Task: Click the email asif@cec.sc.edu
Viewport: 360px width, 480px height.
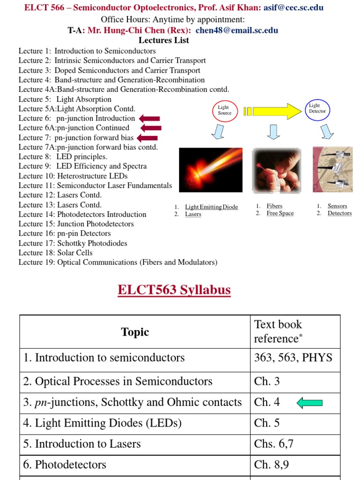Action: (x=293, y=7)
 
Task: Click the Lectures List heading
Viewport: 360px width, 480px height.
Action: (x=164, y=40)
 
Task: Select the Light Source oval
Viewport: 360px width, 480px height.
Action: (x=225, y=110)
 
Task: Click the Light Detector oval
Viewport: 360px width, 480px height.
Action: (x=317, y=109)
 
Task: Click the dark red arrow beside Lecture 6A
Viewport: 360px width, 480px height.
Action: (x=150, y=128)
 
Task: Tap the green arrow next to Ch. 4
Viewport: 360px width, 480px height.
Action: (x=310, y=403)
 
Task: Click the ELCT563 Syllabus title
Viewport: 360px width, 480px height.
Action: (x=174, y=290)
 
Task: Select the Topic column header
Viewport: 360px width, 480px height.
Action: (x=135, y=332)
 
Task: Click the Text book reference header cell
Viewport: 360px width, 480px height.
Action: (x=295, y=331)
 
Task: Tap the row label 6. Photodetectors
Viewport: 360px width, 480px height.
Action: (x=65, y=465)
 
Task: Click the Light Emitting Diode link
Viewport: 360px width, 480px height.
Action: (x=211, y=207)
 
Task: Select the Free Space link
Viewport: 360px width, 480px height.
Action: (x=280, y=213)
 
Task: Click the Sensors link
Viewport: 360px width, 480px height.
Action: (x=337, y=206)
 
